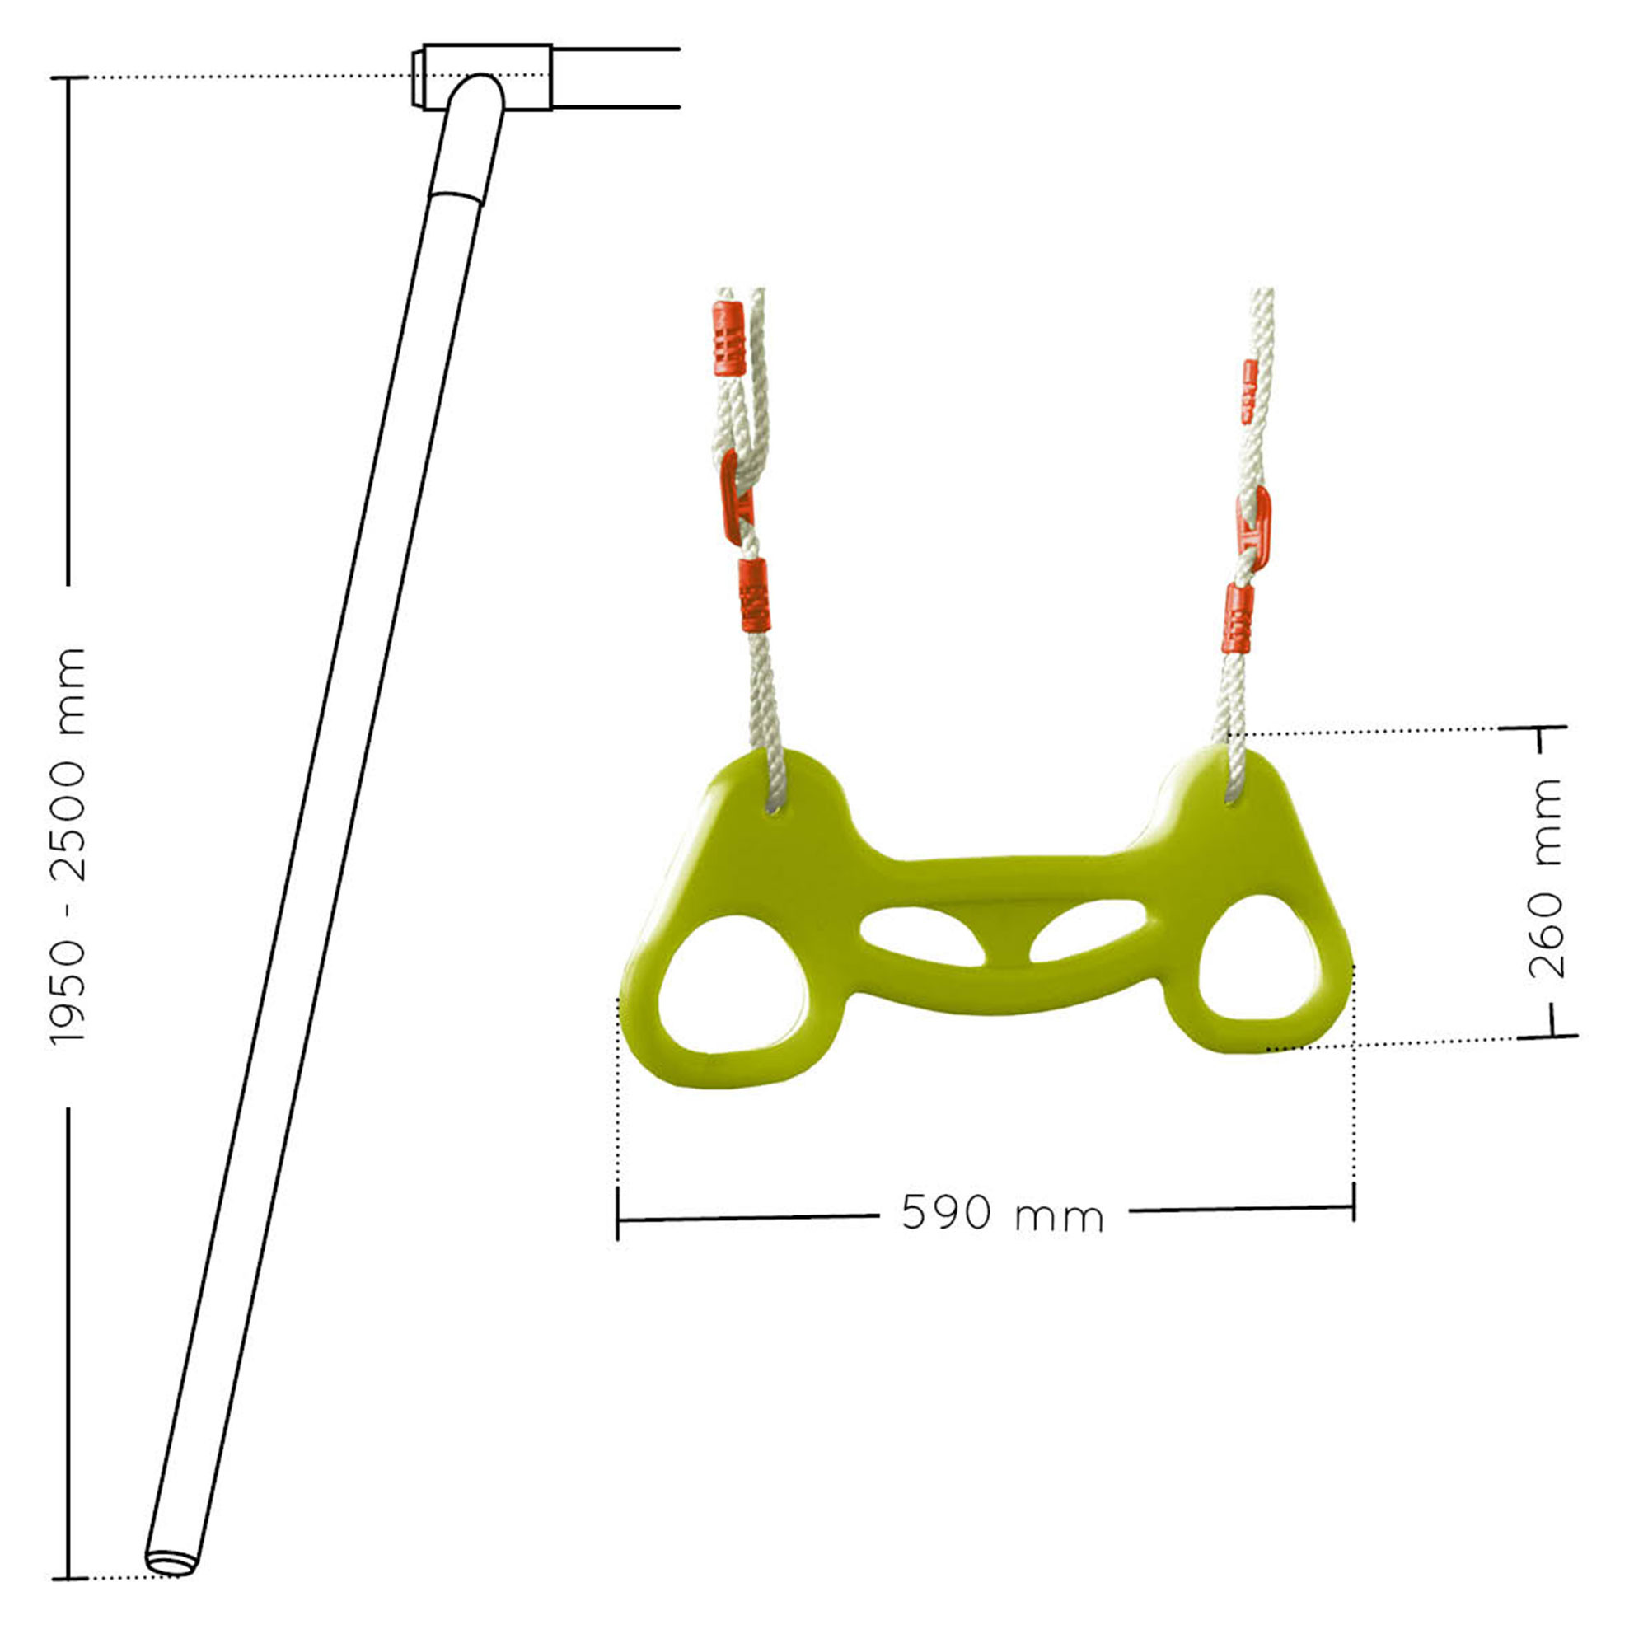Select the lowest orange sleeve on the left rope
pos(752,596)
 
